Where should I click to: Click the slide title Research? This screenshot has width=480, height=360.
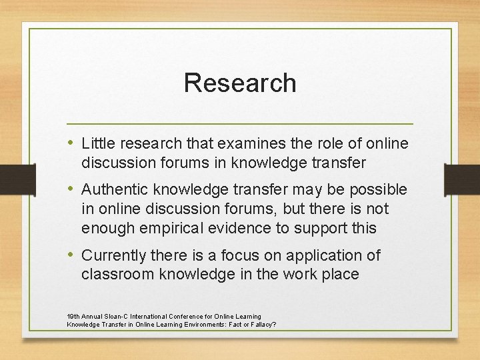coord(240,83)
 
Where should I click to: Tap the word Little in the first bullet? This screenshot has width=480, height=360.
coord(97,143)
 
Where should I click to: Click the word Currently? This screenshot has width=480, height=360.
coord(113,255)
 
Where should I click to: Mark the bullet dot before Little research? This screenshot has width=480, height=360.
coord(72,143)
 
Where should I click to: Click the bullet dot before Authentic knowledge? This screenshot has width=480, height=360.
coord(72,189)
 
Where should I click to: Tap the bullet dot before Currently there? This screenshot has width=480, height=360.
coord(72,255)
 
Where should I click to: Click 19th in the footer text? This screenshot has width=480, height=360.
coord(73,316)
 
